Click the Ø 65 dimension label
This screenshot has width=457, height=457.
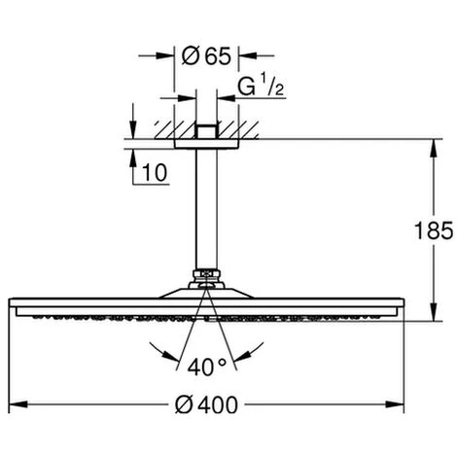(x=206, y=55)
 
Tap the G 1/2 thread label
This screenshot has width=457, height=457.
(x=262, y=85)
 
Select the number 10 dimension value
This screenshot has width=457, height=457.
(x=155, y=173)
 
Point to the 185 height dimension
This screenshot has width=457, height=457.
(x=434, y=230)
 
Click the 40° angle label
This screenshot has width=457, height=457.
(x=207, y=367)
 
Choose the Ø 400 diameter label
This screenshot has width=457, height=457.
(x=206, y=404)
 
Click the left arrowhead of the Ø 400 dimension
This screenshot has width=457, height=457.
(x=18, y=404)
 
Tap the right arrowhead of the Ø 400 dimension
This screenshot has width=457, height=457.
(x=395, y=404)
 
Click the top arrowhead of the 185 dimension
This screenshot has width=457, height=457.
(x=434, y=149)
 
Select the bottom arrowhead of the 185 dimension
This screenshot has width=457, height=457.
(x=434, y=312)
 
